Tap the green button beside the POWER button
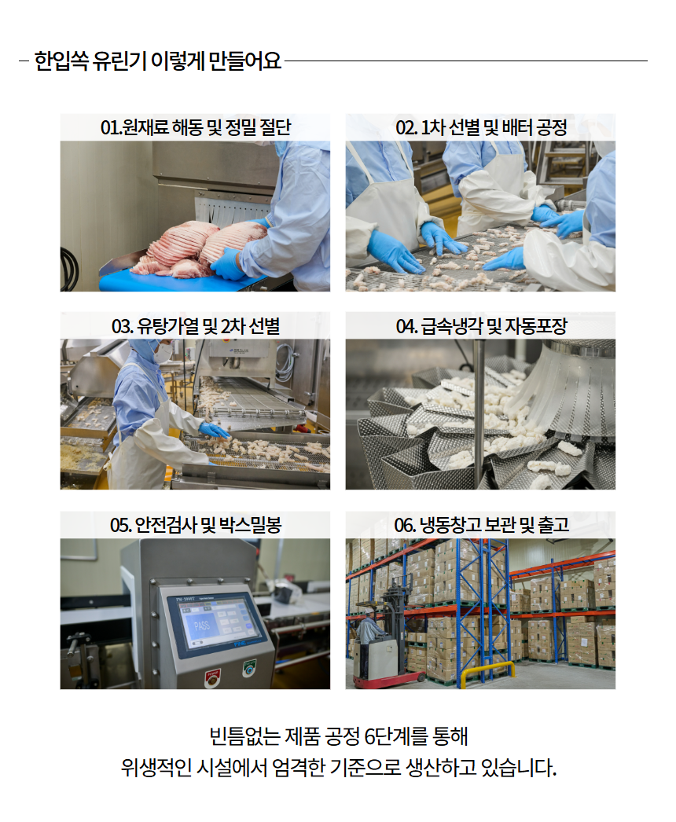click(249, 668)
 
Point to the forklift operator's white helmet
click(370, 611)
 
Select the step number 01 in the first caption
click(109, 127)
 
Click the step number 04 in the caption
click(406, 326)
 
